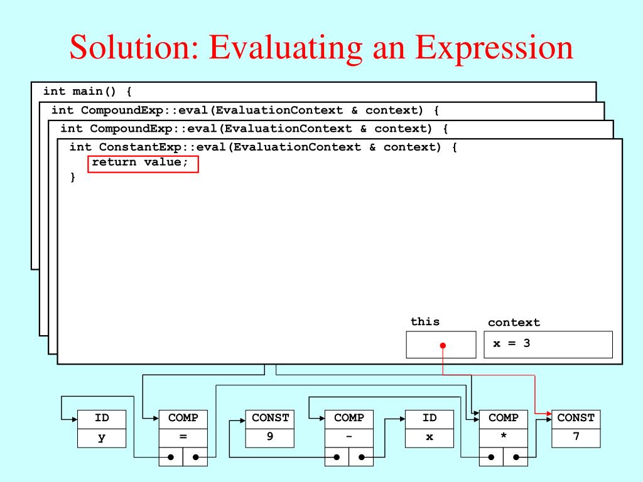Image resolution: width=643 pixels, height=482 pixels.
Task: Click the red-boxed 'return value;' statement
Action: (143, 163)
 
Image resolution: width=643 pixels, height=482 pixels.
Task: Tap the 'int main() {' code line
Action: (87, 92)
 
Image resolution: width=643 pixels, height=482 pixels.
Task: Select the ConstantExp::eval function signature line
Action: (263, 147)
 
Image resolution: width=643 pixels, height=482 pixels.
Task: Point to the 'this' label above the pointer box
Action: (425, 321)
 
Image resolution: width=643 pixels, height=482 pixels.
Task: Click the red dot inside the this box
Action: (443, 345)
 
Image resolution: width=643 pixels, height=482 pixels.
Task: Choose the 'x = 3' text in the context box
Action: (511, 343)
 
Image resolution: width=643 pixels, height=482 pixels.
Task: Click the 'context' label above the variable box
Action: (514, 323)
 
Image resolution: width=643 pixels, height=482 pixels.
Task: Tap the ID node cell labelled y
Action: (102, 437)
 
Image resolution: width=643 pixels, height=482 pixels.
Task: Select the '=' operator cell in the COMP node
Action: (183, 437)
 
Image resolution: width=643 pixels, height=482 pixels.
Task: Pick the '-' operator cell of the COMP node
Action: (349, 437)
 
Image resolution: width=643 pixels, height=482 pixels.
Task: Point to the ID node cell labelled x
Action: (430, 437)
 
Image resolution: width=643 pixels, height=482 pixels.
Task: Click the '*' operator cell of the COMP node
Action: (504, 437)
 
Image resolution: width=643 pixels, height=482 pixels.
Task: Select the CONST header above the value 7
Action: (576, 418)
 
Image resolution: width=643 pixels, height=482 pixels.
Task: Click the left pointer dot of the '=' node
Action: (171, 457)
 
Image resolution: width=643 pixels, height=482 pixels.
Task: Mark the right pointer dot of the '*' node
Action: (516, 457)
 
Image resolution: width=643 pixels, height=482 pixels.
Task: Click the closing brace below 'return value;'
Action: (73, 178)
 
